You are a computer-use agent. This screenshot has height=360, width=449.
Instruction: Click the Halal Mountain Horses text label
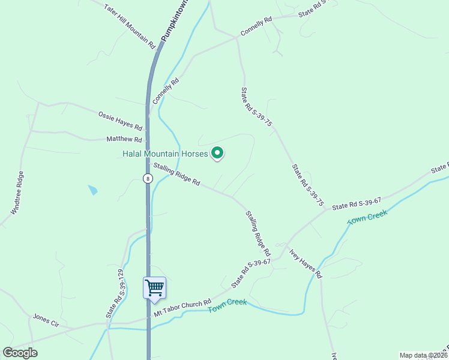165,154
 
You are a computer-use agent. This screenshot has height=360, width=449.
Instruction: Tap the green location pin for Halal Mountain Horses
217,154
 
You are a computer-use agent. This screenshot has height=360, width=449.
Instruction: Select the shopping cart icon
154,287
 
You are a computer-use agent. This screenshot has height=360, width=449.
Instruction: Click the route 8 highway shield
147,178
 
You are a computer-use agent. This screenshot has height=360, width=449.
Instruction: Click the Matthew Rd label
124,139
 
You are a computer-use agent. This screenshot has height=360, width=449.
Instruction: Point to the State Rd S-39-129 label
115,294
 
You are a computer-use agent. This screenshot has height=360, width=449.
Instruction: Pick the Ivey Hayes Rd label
306,263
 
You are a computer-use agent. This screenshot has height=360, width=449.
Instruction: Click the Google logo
20,353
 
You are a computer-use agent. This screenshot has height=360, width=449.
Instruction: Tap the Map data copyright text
423,355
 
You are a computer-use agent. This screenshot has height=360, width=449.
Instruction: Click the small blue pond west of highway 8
92,190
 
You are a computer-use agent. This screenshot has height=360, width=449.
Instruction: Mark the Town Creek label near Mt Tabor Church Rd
228,305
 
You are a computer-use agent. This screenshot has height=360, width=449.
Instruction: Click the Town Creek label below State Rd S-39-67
367,217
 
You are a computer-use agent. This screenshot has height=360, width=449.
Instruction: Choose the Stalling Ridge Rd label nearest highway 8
176,174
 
